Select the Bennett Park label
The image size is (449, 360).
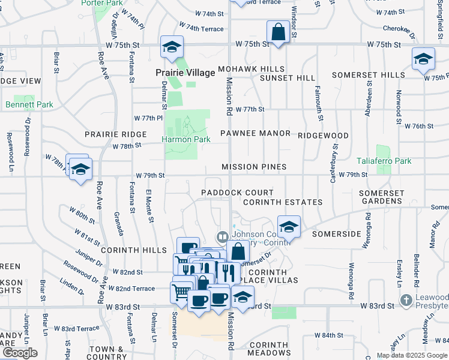tap(29, 104)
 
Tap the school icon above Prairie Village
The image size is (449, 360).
tap(172, 46)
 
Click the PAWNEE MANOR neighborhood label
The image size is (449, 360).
tap(255, 133)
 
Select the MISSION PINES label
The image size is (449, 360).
tap(254, 167)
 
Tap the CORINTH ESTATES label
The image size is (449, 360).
tap(283, 202)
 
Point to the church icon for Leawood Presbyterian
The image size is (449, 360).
tap(406, 299)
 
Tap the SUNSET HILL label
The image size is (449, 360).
tap(287, 78)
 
